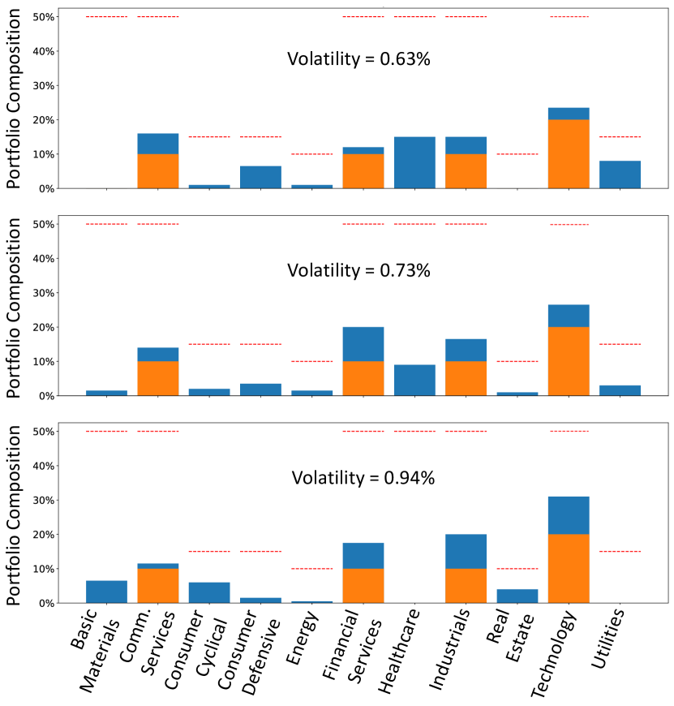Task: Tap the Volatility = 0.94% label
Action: [x=363, y=478]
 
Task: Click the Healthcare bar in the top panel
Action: [x=414, y=162]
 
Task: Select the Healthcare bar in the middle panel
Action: [x=414, y=381]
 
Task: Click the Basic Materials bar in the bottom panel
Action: [x=106, y=592]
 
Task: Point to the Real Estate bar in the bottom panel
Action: [x=517, y=596]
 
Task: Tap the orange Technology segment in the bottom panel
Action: [x=569, y=569]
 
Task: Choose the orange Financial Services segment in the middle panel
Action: [x=363, y=378]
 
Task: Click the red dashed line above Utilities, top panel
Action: [x=620, y=136]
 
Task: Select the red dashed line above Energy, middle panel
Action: [x=311, y=361]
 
